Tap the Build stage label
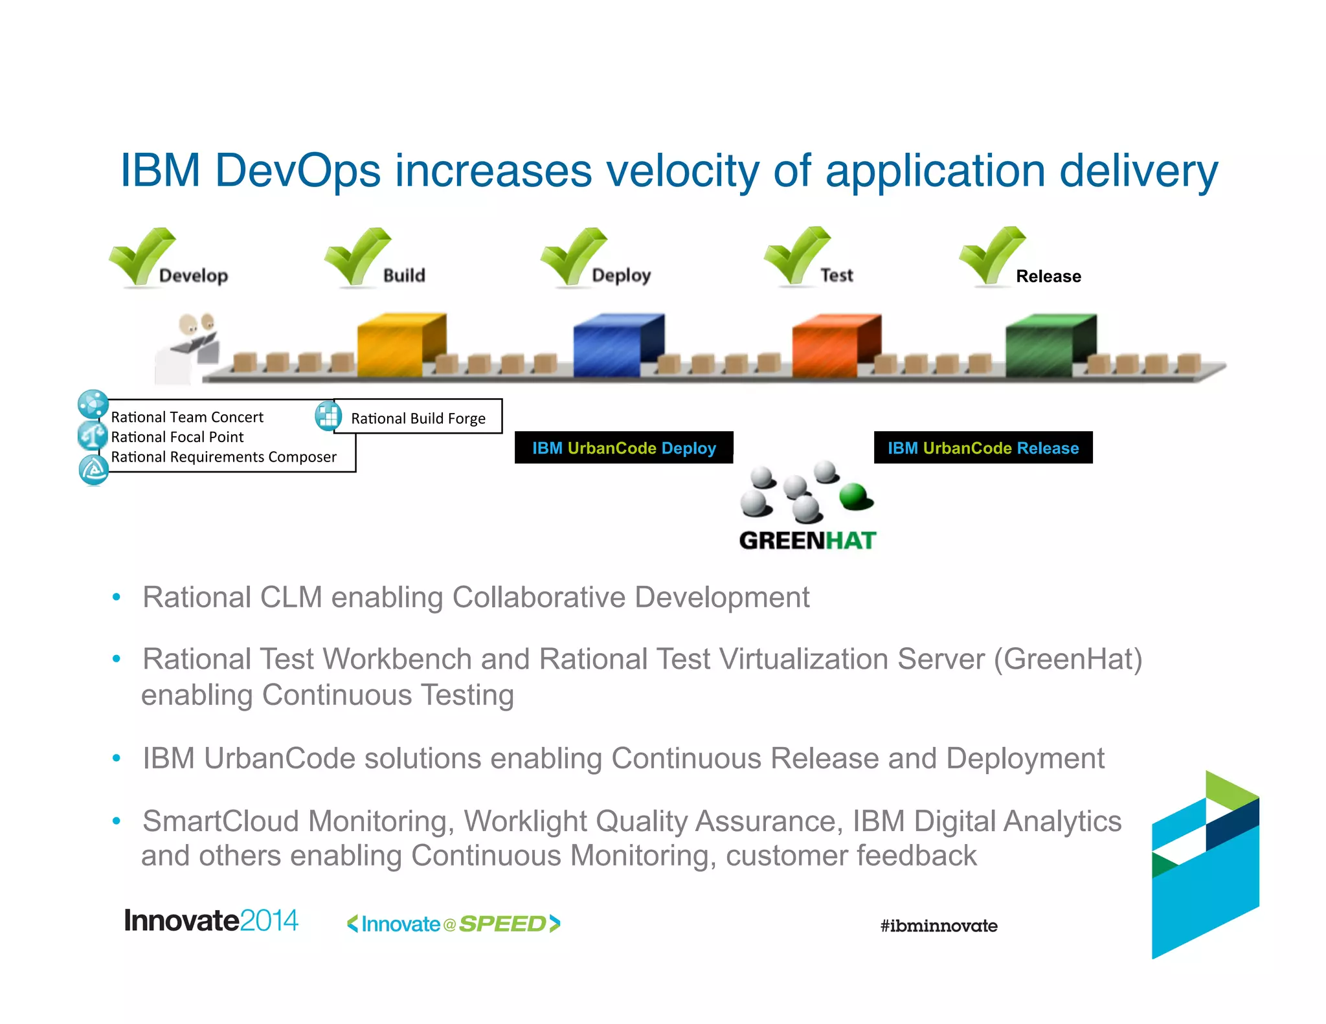click(404, 276)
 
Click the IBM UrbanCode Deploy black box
click(624, 448)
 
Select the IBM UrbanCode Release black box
click(983, 448)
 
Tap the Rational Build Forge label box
click(418, 418)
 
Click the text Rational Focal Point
click(177, 437)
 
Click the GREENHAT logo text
click(807, 540)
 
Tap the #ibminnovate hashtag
click(938, 926)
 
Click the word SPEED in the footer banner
click(502, 924)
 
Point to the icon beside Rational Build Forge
click(328, 416)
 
